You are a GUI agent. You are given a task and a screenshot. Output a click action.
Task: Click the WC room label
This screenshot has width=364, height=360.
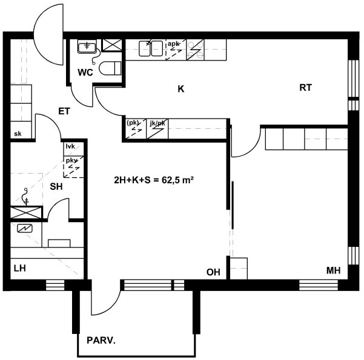click(85, 73)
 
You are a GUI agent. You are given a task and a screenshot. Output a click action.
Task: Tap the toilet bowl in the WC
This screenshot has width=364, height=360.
click(110, 68)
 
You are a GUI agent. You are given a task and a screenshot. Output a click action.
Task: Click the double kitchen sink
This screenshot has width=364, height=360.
click(151, 48)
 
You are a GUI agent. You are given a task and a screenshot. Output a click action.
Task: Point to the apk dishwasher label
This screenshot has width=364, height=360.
click(173, 44)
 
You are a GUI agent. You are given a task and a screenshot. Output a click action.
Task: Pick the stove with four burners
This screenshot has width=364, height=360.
click(195, 50)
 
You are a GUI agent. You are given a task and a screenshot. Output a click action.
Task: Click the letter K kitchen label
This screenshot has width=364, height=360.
click(181, 89)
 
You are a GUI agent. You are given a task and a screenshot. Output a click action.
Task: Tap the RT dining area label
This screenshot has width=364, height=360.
click(305, 88)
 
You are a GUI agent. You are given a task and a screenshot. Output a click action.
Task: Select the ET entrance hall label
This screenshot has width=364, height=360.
click(64, 111)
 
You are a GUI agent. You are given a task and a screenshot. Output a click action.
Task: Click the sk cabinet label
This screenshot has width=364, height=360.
click(18, 134)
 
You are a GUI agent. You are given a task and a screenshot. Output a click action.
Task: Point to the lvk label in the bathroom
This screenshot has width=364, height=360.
click(70, 146)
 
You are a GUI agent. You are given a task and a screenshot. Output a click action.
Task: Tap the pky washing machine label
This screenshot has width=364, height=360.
click(71, 160)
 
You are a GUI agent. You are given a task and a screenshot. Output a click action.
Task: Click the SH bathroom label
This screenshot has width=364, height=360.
click(56, 186)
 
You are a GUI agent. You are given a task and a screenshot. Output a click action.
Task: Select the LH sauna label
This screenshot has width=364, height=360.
click(20, 269)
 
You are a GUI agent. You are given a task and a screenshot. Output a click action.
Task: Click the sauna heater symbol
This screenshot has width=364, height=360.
click(25, 229)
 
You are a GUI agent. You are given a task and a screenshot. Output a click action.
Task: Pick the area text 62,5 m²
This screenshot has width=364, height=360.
click(177, 180)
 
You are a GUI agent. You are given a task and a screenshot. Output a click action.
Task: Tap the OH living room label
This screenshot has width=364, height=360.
click(213, 272)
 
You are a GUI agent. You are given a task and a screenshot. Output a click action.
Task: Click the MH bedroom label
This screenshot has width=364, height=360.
click(333, 270)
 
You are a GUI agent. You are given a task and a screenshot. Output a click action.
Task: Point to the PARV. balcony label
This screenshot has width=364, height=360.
click(101, 341)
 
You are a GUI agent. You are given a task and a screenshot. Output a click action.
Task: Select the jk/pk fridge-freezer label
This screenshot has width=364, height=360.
click(157, 123)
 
